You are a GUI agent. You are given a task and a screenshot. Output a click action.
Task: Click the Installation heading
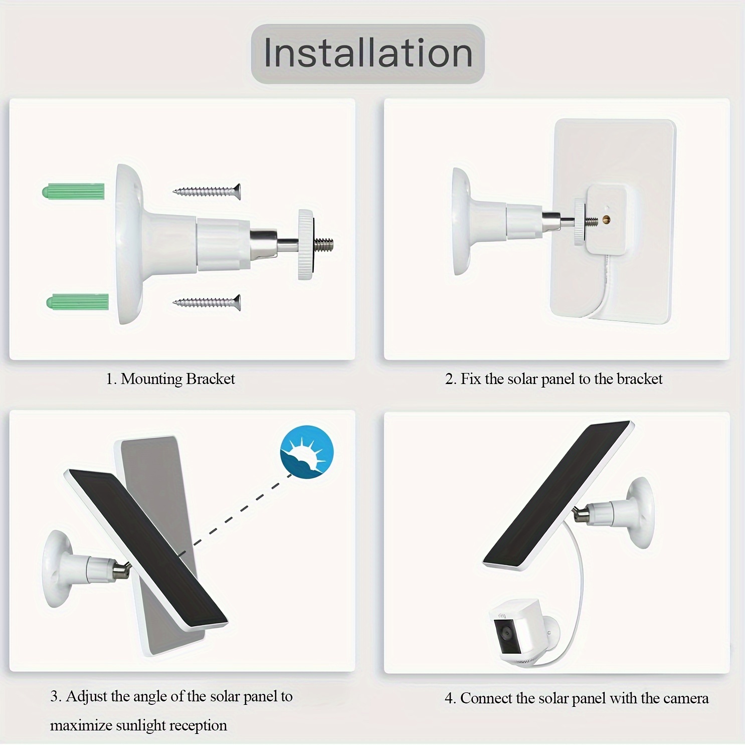click(368, 53)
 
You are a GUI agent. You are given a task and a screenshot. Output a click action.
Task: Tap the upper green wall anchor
click(74, 192)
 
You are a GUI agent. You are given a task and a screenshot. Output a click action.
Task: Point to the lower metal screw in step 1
click(207, 302)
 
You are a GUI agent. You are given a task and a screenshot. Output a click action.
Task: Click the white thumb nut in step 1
click(306, 245)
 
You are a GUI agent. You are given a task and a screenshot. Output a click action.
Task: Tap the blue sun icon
click(307, 452)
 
